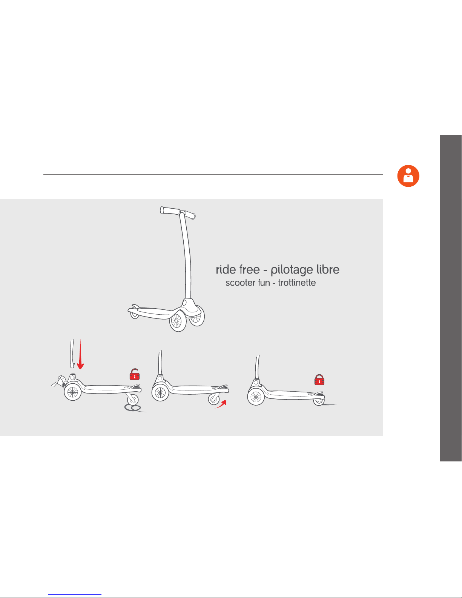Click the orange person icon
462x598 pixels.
pyautogui.click(x=408, y=176)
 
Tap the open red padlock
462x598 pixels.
pyautogui.click(x=135, y=374)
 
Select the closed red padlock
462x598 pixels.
pyautogui.click(x=319, y=380)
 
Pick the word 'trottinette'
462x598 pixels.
pyautogui.click(x=297, y=283)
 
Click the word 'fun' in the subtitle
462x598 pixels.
pyautogui.click(x=264, y=283)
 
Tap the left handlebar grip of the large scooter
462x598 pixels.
pyautogui.click(x=170, y=211)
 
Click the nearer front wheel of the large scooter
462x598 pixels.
pyautogui.click(x=178, y=321)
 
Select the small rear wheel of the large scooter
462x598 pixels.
pyautogui.click(x=134, y=315)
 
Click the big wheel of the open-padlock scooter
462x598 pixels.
pyautogui.click(x=73, y=392)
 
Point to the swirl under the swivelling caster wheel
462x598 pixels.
pyautogui.click(x=133, y=407)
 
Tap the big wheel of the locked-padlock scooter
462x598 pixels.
pyautogui.click(x=256, y=397)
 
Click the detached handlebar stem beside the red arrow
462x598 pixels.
pyautogui.click(x=72, y=354)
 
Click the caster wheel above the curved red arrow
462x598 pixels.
pyautogui.click(x=214, y=399)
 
